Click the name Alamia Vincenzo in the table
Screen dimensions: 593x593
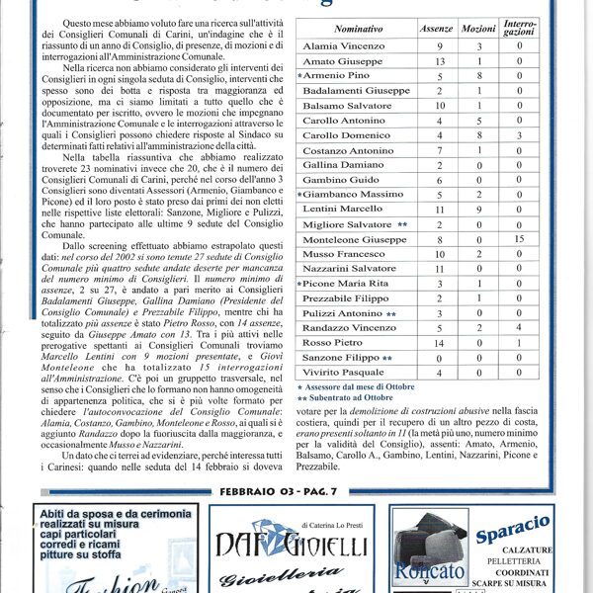(x=343, y=46)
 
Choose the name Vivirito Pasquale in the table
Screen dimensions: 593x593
(x=345, y=372)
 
